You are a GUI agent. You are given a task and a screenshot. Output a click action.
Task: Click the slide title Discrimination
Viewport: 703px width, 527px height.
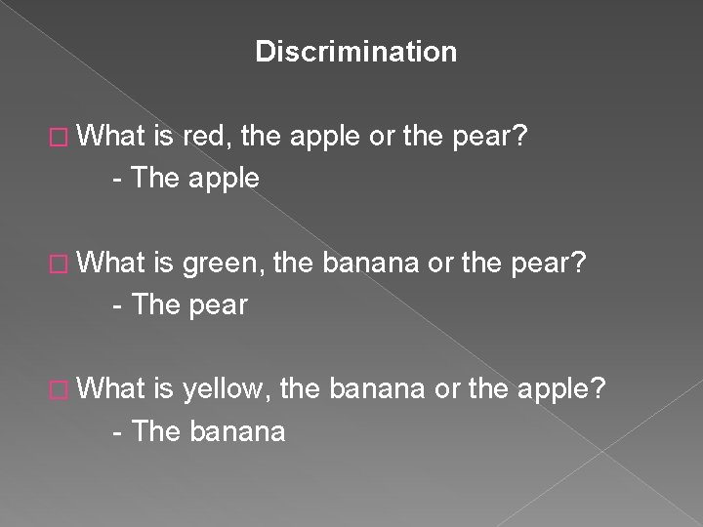click(x=355, y=52)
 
